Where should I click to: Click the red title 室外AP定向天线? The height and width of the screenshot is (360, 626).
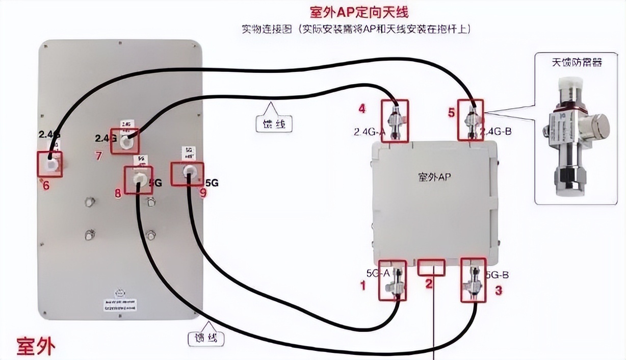[359, 11]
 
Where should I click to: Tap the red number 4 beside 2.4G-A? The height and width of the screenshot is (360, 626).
[362, 108]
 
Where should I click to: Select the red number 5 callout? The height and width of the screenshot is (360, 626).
[451, 112]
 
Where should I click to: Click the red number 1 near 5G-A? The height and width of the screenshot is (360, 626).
[363, 286]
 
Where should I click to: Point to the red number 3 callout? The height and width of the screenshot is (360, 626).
[499, 291]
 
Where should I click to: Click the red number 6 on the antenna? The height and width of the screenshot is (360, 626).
[46, 185]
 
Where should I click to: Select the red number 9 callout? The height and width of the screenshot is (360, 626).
[203, 194]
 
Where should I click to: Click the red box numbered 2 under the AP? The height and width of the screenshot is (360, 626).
[431, 267]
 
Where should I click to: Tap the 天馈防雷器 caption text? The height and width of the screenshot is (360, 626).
[577, 63]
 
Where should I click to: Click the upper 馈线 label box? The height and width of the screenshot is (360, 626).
[274, 123]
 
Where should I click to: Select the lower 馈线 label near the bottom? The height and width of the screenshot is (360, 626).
[206, 338]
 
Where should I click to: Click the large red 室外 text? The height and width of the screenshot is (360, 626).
[35, 346]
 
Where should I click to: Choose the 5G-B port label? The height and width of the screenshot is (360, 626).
[497, 275]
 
